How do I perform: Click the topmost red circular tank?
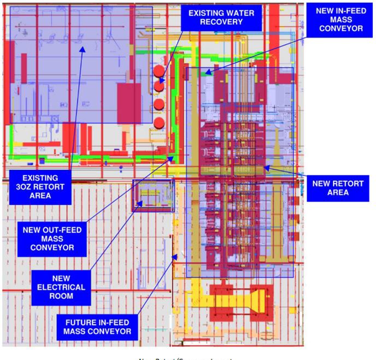[159, 71]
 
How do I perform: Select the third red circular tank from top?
[159, 104]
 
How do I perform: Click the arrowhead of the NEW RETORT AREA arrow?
[264, 167]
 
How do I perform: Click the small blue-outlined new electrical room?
[153, 196]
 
